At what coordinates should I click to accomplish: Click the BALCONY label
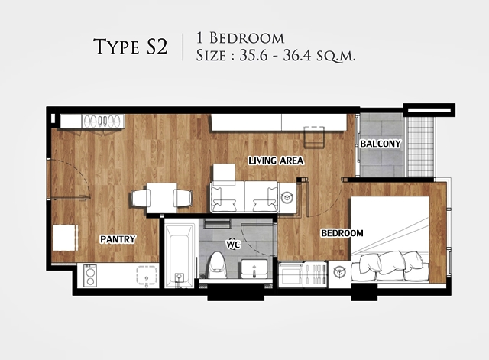tap(381, 144)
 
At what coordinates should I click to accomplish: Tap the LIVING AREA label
tap(276, 161)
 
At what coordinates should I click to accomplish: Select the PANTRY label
tap(118, 239)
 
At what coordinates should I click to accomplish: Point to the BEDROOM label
tap(342, 233)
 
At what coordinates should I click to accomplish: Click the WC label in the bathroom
tap(233, 244)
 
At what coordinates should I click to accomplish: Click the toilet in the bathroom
tap(217, 266)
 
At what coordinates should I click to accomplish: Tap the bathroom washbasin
tap(254, 269)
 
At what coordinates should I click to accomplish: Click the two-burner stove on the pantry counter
tap(90, 276)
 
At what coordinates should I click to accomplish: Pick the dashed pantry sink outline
tap(147, 275)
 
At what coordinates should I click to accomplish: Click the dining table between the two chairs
tap(162, 198)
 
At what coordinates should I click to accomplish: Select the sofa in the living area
tap(244, 197)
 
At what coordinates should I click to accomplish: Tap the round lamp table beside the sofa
tap(287, 197)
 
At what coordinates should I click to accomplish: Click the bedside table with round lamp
tap(339, 273)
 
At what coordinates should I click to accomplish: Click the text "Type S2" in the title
tap(131, 47)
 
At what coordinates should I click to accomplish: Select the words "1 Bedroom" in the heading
tap(240, 38)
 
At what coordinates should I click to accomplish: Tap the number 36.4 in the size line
tap(297, 56)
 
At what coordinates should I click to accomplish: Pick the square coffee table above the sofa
tap(224, 174)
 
